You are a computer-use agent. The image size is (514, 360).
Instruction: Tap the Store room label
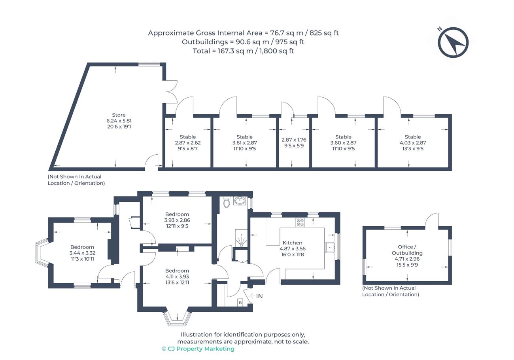coord(119,115)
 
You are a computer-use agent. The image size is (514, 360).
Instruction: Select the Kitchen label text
coord(292,243)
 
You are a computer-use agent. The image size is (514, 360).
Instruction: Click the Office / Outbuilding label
coord(407,250)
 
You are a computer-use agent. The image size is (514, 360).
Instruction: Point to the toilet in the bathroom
coord(227,202)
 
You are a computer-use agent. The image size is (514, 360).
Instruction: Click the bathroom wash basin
coord(240,201)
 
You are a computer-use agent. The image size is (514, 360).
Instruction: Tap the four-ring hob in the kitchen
coord(300,222)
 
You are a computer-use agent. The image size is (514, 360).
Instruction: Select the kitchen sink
coord(330,247)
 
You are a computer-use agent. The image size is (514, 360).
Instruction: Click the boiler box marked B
coord(240,303)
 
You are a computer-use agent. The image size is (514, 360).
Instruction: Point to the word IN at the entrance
coord(259,296)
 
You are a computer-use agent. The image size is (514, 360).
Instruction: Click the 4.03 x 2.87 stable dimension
coord(413,142)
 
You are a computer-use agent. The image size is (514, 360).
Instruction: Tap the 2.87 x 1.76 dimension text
coord(294,140)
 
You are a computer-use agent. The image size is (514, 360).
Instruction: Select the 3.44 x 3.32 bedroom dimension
coord(82,253)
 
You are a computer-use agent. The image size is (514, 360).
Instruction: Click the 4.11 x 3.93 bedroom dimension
coord(177,277)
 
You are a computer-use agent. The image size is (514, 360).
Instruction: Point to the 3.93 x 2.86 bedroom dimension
coord(177,220)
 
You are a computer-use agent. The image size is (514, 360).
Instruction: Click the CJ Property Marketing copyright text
coord(198,349)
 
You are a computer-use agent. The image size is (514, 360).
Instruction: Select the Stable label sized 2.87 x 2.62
coord(188,137)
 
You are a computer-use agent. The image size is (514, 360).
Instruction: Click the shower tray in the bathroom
coord(241,238)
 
